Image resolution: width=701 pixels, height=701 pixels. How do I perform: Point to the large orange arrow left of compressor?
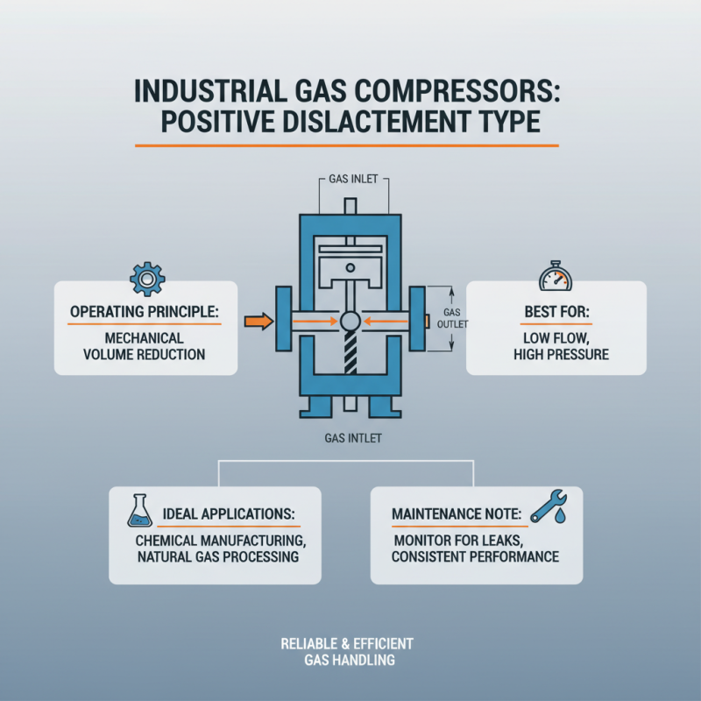(257, 322)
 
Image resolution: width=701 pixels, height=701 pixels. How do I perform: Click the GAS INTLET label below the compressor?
(350, 435)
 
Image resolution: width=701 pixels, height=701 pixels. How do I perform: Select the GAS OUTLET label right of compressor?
(453, 318)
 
